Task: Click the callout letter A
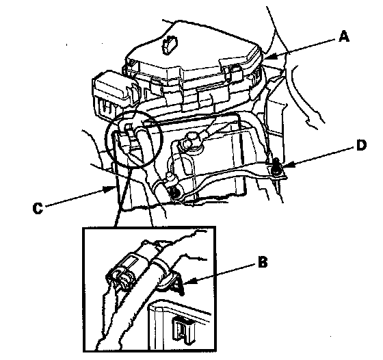(x=344, y=37)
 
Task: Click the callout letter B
(x=263, y=263)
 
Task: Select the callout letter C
(x=38, y=209)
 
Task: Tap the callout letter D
(x=361, y=145)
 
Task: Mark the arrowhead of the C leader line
(x=110, y=188)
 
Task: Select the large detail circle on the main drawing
(x=133, y=138)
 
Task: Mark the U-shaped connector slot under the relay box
(x=107, y=107)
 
